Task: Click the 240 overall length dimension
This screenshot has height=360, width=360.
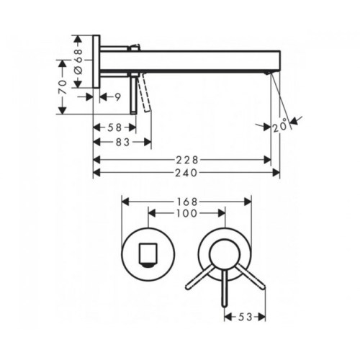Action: (186, 173)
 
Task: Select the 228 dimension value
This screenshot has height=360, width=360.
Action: (187, 160)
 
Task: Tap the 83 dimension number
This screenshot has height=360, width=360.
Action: (122, 143)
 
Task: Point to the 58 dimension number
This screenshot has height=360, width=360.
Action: (114, 127)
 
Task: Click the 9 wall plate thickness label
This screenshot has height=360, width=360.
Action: (117, 97)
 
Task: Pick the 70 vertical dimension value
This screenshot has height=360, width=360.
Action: (63, 87)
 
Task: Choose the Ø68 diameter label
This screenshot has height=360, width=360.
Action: (78, 62)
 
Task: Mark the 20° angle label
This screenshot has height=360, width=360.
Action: (280, 125)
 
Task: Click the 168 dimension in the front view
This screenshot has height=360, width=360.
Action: (187, 202)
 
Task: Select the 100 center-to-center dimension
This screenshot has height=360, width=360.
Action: (186, 213)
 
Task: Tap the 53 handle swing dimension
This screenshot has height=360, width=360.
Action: (245, 318)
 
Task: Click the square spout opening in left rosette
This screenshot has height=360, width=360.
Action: (148, 256)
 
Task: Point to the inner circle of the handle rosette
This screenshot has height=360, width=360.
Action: (225, 254)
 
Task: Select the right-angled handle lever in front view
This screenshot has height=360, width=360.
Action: (251, 276)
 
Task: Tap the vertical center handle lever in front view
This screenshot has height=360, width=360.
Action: (225, 289)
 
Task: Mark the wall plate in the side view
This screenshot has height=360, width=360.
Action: (96, 62)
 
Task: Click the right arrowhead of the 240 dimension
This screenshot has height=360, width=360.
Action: (276, 173)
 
